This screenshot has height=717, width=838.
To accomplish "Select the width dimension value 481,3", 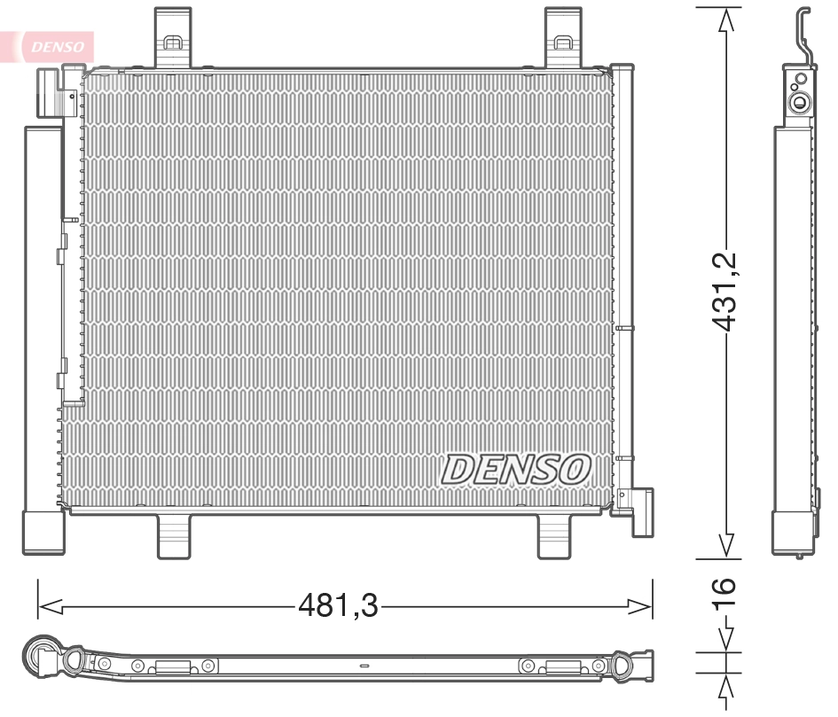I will (x=337, y=606).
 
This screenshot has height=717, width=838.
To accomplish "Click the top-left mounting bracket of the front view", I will (x=173, y=37).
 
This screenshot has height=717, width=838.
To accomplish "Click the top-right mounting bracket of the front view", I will (x=561, y=37).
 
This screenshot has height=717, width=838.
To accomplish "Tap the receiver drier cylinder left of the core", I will (x=43, y=337).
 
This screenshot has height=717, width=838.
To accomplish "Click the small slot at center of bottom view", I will (x=363, y=666).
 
